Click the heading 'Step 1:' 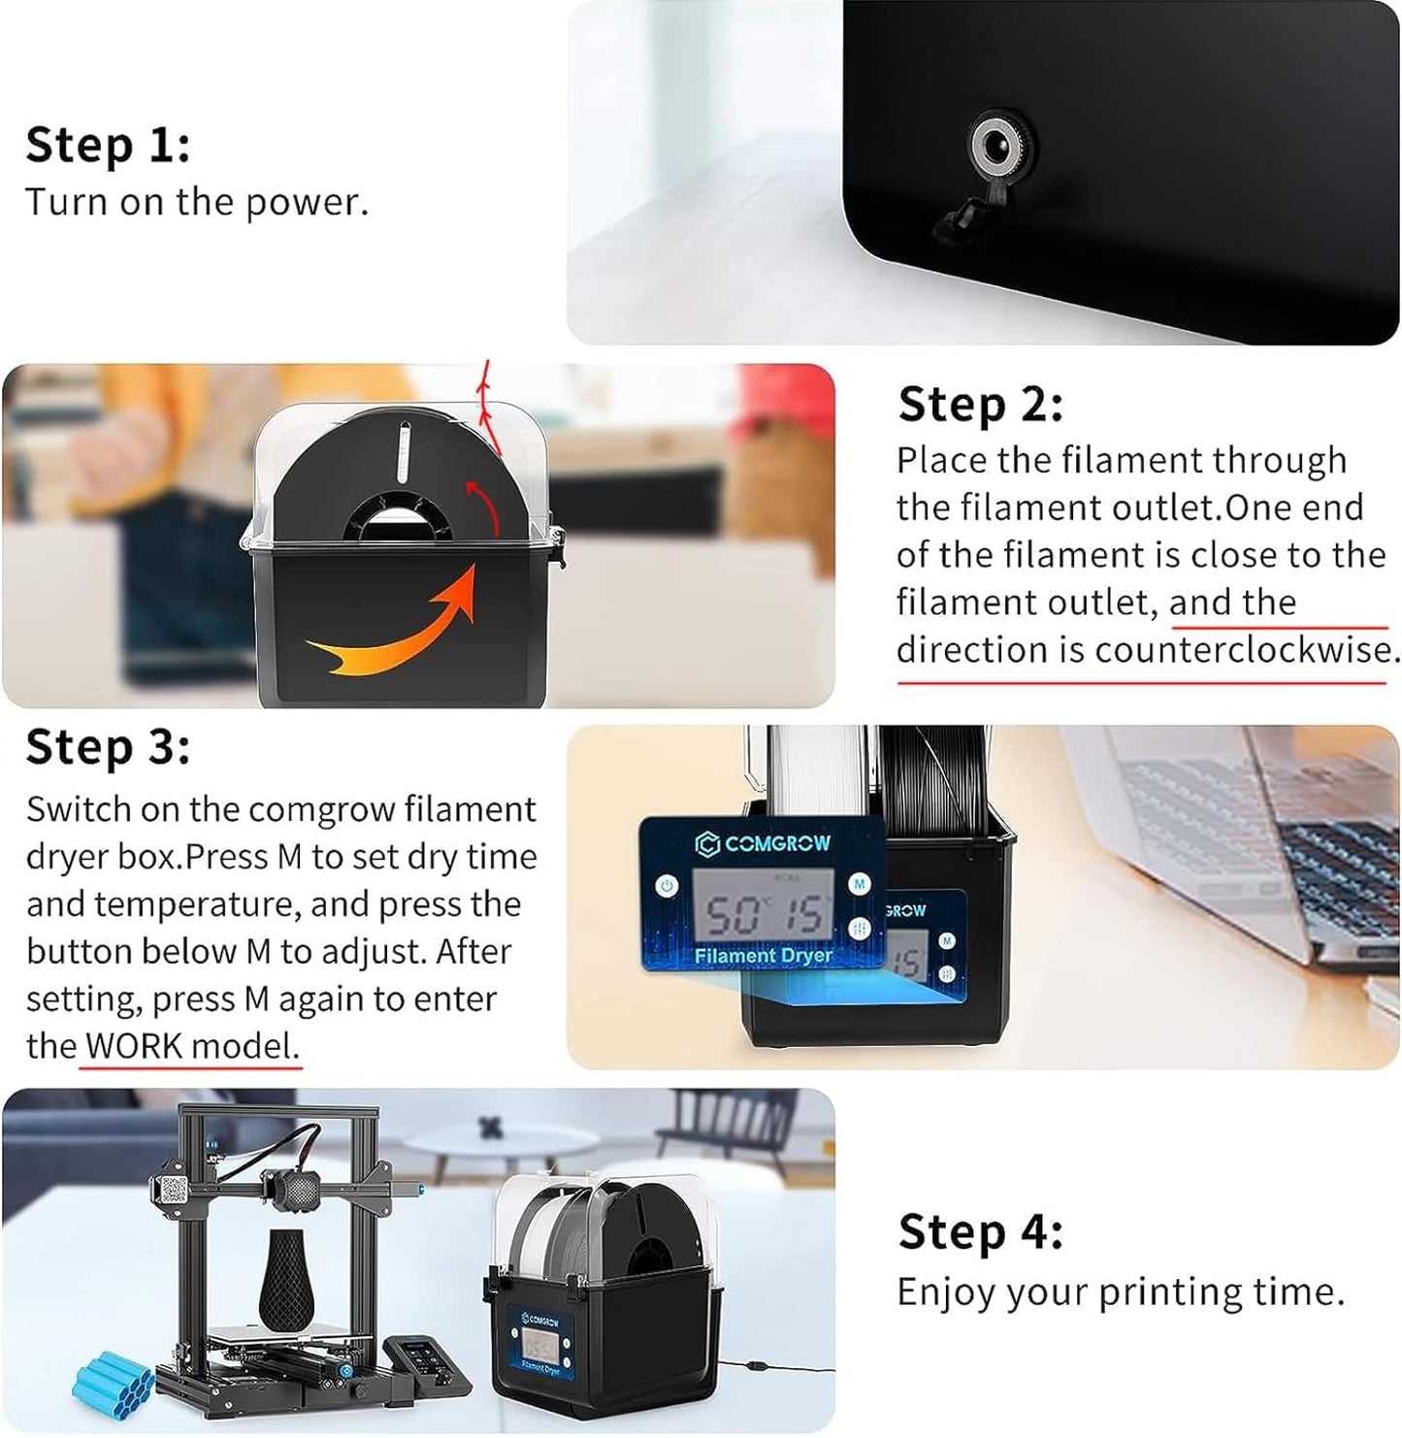(x=108, y=146)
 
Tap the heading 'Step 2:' (x=980, y=405)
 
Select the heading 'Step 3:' (x=108, y=748)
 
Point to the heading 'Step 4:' (x=980, y=1232)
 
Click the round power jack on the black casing (x=994, y=150)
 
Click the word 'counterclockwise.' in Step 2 (x=1247, y=650)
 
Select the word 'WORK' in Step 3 (x=134, y=1046)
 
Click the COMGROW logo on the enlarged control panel (x=764, y=843)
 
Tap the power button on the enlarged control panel (x=667, y=885)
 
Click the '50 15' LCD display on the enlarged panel (x=763, y=912)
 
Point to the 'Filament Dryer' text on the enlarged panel (x=763, y=956)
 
